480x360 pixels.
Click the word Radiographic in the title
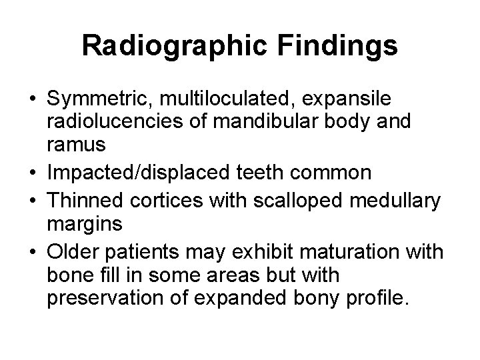(171, 47)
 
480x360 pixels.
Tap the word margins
(85, 223)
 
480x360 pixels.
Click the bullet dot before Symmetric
(32, 100)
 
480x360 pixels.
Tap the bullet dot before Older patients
(32, 251)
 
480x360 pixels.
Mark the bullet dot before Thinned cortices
(32, 201)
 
